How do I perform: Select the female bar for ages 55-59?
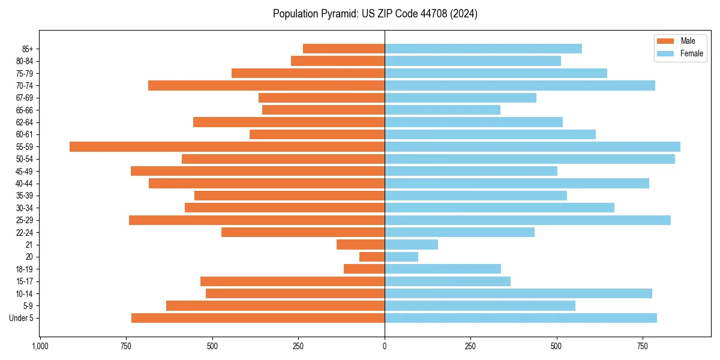pyautogui.click(x=532, y=146)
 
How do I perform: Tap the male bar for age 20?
pyautogui.click(x=372, y=257)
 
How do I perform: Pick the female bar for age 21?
pyautogui.click(x=411, y=244)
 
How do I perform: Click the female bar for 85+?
pyautogui.click(x=483, y=49)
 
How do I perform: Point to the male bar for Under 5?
pyautogui.click(x=258, y=318)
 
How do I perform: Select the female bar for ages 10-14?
pyautogui.click(x=518, y=293)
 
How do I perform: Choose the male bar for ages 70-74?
pyautogui.click(x=266, y=85)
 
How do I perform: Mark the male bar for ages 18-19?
pyautogui.click(x=364, y=269)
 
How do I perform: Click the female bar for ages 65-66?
pyautogui.click(x=442, y=110)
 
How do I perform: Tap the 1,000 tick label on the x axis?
pyautogui.click(x=40, y=347)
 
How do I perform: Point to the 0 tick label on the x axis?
pyautogui.click(x=385, y=347)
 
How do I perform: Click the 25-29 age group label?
pyautogui.click(x=25, y=220)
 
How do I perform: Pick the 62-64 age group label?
pyautogui.click(x=25, y=122)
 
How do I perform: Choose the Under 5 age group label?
pyautogui.click(x=22, y=318)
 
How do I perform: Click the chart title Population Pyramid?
pyautogui.click(x=375, y=14)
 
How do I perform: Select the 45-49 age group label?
pyautogui.click(x=25, y=171)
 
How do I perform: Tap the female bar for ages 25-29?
pyautogui.click(x=527, y=220)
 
